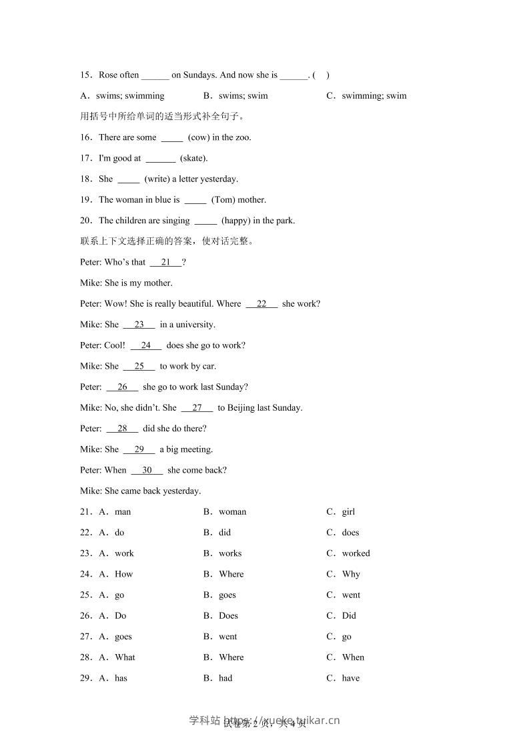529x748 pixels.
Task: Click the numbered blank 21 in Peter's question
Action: [165, 262]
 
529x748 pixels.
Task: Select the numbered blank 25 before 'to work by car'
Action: [139, 366]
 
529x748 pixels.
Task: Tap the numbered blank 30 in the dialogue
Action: [147, 470]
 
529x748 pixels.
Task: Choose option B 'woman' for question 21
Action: [232, 512]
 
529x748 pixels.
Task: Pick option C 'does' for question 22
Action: [350, 533]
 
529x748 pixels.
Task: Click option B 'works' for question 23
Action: [230, 553]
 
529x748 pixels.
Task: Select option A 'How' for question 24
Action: [124, 574]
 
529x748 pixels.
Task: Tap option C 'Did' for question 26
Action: [349, 615]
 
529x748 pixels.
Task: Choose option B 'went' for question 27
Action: [227, 637]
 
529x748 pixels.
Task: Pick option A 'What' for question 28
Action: [125, 657]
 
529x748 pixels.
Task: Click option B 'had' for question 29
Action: [225, 678]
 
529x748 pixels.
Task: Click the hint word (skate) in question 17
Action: [194, 158]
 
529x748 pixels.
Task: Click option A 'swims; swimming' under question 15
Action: [130, 95]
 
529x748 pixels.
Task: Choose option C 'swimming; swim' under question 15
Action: [374, 95]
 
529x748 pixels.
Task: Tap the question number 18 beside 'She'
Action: [85, 179]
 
